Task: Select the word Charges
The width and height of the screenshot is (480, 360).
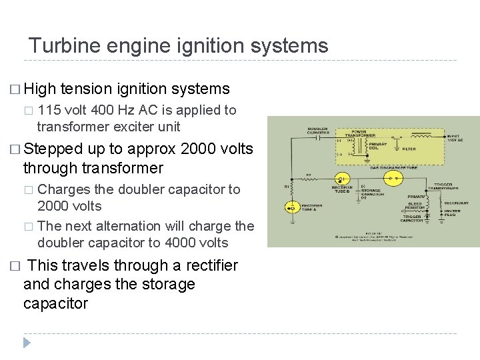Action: pyautogui.click(x=66, y=189)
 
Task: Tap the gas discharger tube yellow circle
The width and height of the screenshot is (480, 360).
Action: pyautogui.click(x=395, y=179)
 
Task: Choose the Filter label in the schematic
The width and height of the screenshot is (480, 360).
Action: pyautogui.click(x=409, y=149)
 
